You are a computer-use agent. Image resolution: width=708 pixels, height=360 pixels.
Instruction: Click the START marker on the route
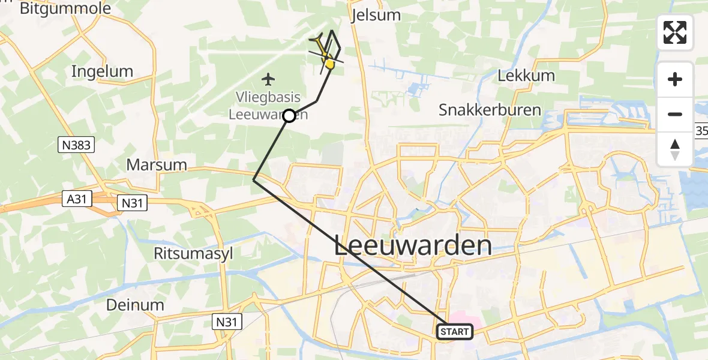coord(455,332)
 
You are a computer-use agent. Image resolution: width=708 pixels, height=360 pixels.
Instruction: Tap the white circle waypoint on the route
coord(289,116)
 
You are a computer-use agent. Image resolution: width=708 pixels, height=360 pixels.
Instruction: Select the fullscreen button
coord(675,32)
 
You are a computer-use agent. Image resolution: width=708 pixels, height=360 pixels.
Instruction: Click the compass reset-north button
coord(675,149)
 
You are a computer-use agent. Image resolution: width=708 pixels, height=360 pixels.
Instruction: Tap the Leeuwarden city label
coord(413,246)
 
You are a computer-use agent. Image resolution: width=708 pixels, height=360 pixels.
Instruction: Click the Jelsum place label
coord(377,14)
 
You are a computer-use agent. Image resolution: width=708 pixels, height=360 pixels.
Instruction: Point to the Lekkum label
coord(526,76)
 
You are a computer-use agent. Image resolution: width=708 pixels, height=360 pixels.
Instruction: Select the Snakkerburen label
coord(490,110)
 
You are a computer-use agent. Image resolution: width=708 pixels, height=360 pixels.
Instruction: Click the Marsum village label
coord(157,164)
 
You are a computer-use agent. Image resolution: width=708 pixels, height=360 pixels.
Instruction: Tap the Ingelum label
coord(102,71)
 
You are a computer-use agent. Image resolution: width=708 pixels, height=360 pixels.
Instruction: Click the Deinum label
coord(135,305)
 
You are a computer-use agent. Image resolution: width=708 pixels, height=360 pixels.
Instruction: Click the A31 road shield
coord(77,199)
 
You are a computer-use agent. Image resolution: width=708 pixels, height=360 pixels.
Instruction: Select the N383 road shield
coord(76,145)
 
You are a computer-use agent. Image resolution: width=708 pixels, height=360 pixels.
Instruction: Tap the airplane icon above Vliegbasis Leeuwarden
coord(268,79)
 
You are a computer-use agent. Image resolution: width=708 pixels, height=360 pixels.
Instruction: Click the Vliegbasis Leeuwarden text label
coord(268,105)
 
